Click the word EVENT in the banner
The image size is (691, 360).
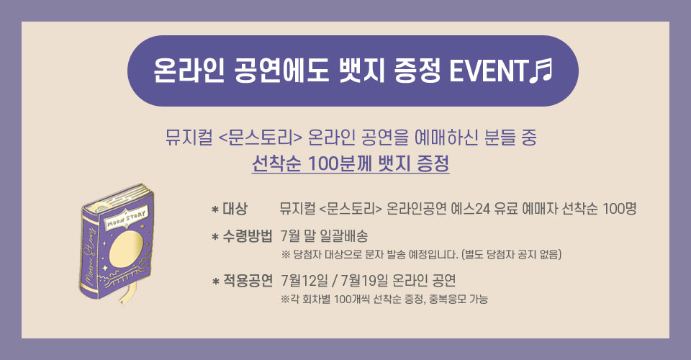[489, 71]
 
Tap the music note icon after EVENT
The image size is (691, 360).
[541, 71]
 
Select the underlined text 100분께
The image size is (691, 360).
[338, 163]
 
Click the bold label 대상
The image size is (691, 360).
[235, 208]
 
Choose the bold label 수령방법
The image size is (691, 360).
[248, 236]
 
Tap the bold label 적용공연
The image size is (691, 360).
[248, 280]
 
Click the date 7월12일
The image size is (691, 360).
[304, 280]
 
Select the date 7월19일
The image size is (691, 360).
[364, 280]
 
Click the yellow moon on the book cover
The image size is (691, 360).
[125, 249]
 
